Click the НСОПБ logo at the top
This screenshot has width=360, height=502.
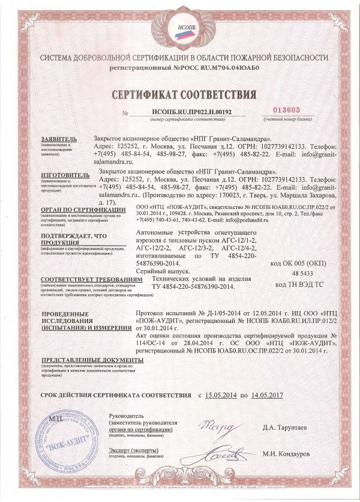[x=180, y=28]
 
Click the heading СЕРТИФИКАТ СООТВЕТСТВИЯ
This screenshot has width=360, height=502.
[x=180, y=94]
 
